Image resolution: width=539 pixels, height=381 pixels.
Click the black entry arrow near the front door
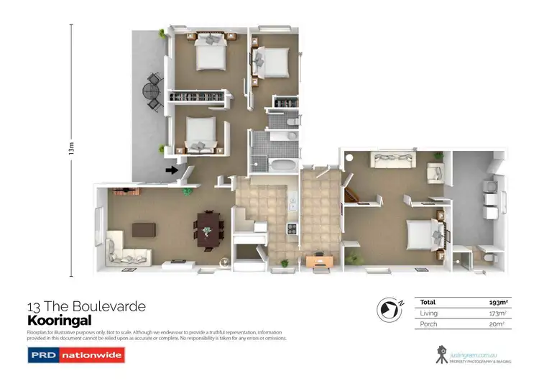tap(171, 170)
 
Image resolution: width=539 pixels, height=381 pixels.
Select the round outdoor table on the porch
tap(151, 92)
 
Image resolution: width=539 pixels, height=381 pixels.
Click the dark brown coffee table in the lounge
tap(144, 229)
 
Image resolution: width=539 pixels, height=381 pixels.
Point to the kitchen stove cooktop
tap(292, 229)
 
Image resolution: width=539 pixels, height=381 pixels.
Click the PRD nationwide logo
tap(76, 354)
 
